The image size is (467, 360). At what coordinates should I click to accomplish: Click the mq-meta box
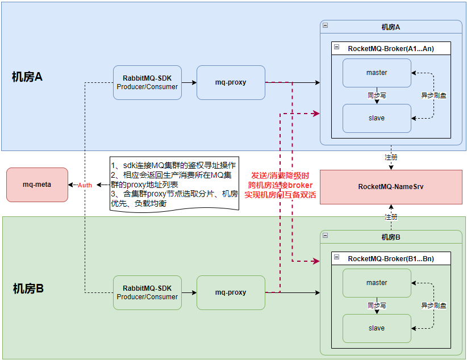click(x=37, y=185)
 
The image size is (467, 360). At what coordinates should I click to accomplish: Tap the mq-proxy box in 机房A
click(x=231, y=82)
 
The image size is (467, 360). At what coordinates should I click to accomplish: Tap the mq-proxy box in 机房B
click(x=231, y=292)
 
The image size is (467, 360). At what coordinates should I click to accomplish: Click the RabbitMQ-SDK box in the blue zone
click(x=147, y=82)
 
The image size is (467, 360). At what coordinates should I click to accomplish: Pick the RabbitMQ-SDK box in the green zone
click(x=147, y=292)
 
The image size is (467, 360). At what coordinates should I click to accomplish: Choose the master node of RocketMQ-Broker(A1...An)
click(x=377, y=73)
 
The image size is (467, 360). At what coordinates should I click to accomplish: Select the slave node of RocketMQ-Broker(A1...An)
click(x=377, y=118)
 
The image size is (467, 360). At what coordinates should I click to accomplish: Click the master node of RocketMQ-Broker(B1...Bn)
click(x=377, y=283)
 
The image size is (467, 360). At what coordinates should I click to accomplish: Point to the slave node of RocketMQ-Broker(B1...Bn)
click(x=377, y=328)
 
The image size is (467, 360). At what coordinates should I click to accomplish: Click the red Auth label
click(x=85, y=185)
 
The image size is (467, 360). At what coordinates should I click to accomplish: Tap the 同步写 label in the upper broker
click(x=377, y=95)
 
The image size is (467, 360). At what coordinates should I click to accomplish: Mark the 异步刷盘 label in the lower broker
click(x=433, y=305)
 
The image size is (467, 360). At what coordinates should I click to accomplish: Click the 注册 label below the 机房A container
click(x=391, y=156)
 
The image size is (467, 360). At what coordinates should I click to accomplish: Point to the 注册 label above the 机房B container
click(x=391, y=217)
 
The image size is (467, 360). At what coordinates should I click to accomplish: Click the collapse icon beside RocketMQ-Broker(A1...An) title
click(x=337, y=48)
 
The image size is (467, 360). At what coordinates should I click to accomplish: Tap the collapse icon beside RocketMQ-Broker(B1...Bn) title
click(x=337, y=258)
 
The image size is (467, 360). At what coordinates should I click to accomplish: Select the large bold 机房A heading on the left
click(x=27, y=77)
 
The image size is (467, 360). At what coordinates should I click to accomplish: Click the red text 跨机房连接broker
click(x=280, y=185)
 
